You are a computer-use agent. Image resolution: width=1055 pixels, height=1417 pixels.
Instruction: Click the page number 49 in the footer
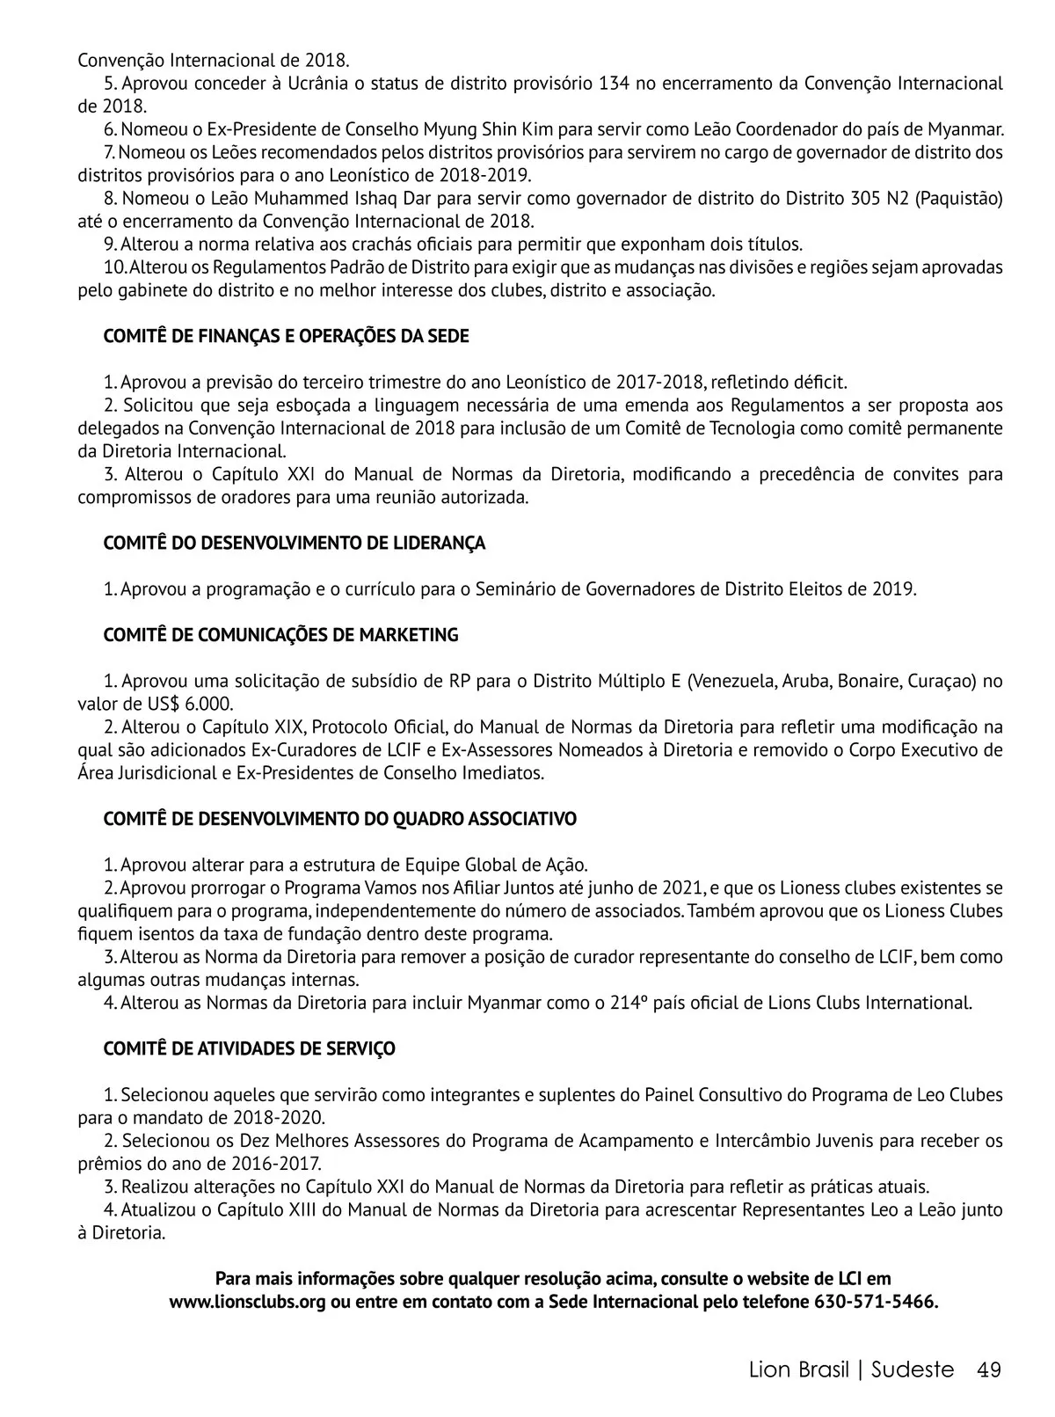tap(989, 1370)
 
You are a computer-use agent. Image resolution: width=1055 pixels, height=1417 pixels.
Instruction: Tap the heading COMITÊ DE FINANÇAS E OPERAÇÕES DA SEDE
tap(286, 337)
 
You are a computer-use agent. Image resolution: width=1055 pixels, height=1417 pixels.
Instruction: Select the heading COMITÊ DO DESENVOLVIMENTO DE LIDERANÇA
tap(294, 544)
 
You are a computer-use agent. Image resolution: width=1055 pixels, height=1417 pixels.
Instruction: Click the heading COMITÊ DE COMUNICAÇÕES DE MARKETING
tap(280, 635)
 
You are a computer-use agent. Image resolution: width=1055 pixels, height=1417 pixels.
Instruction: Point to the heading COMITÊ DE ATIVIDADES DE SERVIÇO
tap(249, 1048)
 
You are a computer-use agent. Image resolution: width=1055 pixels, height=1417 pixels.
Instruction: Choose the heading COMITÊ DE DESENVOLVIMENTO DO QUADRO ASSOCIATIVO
tap(339, 819)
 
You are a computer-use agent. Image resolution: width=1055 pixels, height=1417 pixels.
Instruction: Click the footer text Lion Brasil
tap(799, 1370)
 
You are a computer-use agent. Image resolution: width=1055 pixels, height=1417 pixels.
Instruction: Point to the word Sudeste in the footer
tap(913, 1370)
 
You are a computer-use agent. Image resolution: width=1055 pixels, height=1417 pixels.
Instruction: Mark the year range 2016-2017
tap(212, 1164)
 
